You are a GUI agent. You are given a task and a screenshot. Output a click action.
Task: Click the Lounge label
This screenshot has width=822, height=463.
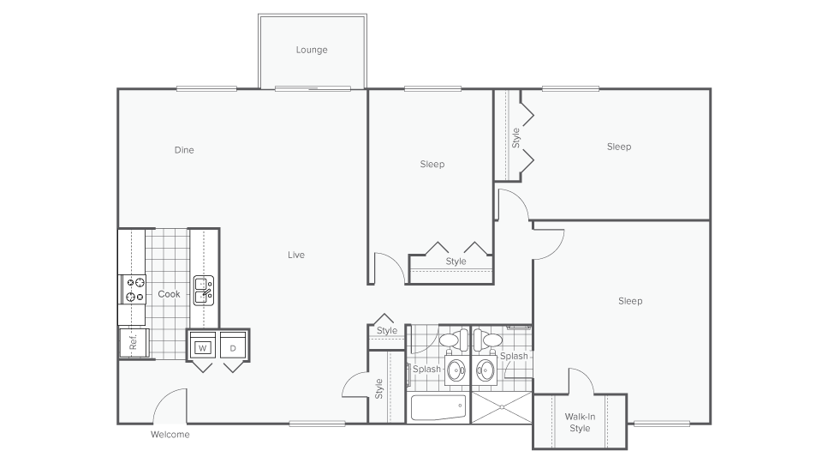(x=312, y=50)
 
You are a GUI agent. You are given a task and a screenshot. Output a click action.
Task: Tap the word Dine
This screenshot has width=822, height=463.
(x=184, y=150)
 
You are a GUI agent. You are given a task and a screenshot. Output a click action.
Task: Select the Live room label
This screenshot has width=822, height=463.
(x=296, y=255)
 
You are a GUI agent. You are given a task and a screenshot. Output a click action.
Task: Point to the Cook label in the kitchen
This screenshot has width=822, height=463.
(x=169, y=294)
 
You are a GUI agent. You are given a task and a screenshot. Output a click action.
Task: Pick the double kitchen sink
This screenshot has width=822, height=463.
(x=203, y=291)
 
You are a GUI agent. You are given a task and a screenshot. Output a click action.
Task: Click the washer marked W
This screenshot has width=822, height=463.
(x=203, y=347)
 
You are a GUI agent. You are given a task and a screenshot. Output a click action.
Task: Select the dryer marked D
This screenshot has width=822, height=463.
(x=233, y=347)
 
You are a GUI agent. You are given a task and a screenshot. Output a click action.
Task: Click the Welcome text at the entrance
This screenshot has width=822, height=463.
(x=170, y=435)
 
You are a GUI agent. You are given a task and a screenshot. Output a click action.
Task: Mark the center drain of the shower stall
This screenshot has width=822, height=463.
(x=501, y=408)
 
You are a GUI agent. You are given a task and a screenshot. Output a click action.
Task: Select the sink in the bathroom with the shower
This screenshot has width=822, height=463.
(x=485, y=371)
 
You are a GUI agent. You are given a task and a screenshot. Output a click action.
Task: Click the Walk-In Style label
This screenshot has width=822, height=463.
(x=580, y=423)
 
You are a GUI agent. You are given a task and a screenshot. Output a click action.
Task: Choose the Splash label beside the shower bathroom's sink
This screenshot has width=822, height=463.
(x=514, y=356)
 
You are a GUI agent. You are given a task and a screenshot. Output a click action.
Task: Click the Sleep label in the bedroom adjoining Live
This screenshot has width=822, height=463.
(x=432, y=164)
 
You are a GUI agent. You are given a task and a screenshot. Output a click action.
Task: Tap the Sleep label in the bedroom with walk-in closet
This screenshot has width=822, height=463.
(x=630, y=301)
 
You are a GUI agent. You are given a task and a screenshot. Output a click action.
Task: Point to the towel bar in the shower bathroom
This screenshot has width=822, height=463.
(x=518, y=328)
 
